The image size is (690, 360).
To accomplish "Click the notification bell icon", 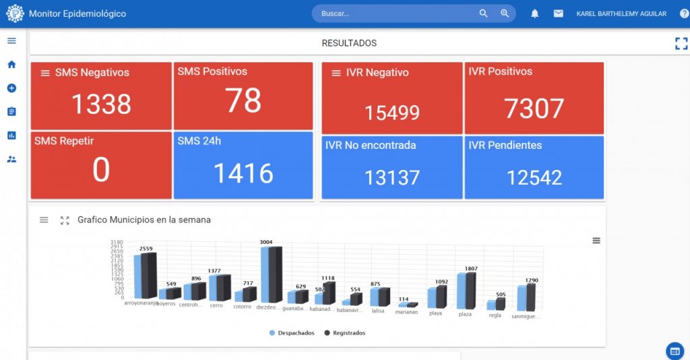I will tap(534, 13).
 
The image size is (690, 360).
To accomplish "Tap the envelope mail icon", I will tap(558, 13).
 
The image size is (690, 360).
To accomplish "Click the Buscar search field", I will tap(394, 13).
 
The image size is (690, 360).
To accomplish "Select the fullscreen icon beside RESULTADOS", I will tap(681, 44).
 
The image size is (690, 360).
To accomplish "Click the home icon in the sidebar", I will tap(11, 65).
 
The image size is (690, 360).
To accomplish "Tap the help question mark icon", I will tap(684, 13).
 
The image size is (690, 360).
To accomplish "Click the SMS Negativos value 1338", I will tap(101, 104).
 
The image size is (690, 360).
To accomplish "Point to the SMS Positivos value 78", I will tap(243, 100).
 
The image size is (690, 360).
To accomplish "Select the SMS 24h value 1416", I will tap(243, 173).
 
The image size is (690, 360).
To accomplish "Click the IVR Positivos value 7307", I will tap(534, 109).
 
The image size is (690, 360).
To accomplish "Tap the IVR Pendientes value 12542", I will tap(534, 177).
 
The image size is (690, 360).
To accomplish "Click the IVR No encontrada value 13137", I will tap(392, 177).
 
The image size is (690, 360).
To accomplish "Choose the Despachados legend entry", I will tap(292, 333).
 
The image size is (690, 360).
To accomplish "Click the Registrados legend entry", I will tap(344, 333).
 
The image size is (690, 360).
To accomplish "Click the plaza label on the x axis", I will tap(465, 314).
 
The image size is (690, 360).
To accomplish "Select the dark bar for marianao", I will tap(412, 305).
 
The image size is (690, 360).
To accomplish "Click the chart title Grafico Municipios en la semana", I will tap(144, 220).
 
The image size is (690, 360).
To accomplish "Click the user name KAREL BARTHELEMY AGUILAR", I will tap(621, 13).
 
